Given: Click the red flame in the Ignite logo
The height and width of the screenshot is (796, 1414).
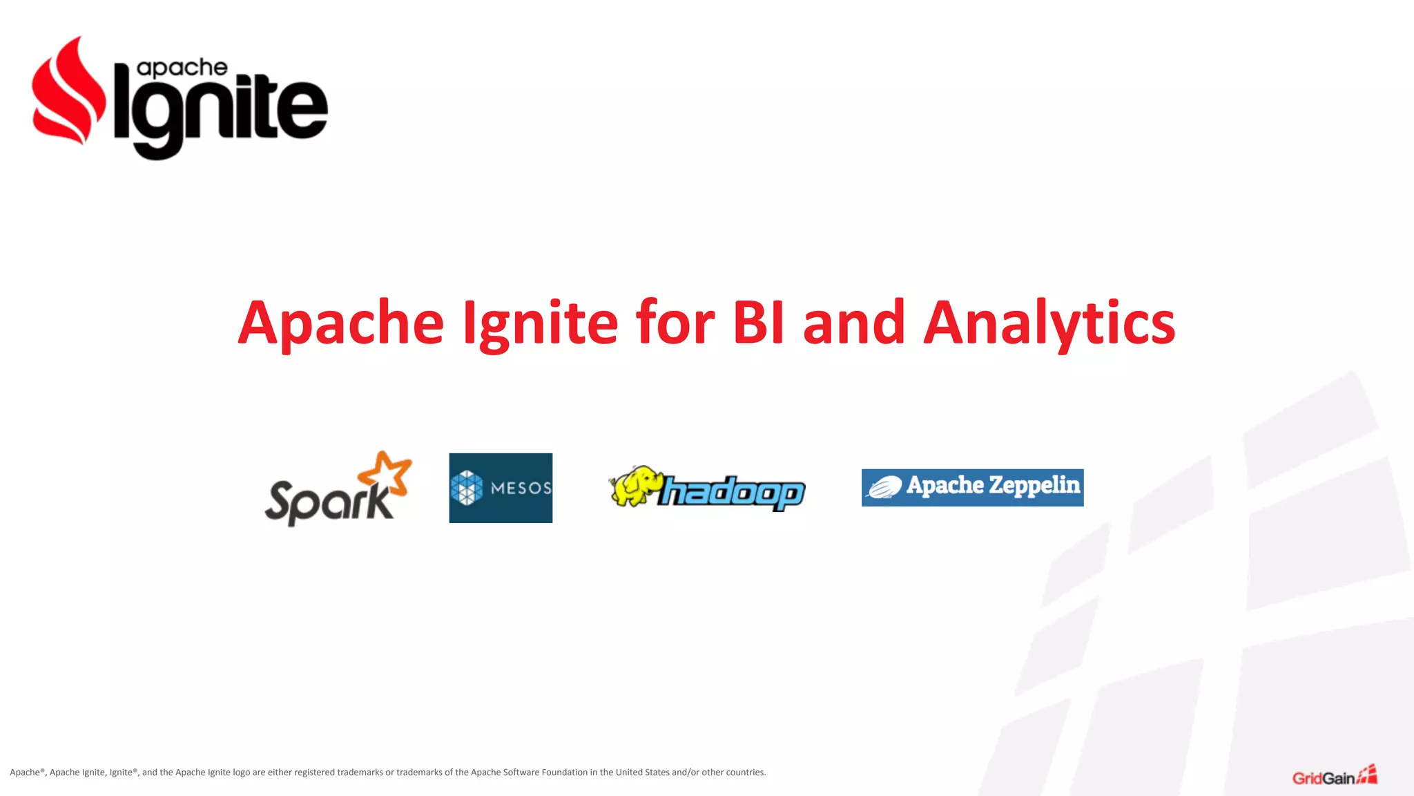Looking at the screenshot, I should pyautogui.click(x=66, y=93).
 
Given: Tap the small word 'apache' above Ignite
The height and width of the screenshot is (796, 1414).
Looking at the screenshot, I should pyautogui.click(x=182, y=68).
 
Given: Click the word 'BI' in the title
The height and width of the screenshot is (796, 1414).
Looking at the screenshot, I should pyautogui.click(x=758, y=323).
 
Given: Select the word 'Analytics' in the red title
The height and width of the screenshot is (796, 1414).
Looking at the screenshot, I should pyautogui.click(x=1049, y=323).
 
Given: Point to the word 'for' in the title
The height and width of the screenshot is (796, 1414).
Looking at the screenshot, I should pyautogui.click(x=675, y=323).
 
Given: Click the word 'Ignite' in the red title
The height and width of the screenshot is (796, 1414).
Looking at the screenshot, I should pyautogui.click(x=540, y=323).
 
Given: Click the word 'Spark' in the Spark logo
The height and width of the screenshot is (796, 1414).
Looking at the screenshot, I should pyautogui.click(x=328, y=501).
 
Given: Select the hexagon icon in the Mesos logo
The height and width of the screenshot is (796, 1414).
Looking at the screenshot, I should pyautogui.click(x=467, y=488).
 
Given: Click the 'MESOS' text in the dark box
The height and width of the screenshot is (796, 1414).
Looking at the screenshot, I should pyautogui.click(x=521, y=489).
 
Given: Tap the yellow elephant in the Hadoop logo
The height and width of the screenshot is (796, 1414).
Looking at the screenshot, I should pyautogui.click(x=634, y=485).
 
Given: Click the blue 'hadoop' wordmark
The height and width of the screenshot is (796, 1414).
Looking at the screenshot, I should pyautogui.click(x=732, y=493).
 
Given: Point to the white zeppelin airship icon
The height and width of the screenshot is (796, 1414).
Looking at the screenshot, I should pyautogui.click(x=884, y=488).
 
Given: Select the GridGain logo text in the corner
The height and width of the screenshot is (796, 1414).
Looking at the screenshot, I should pyautogui.click(x=1323, y=779).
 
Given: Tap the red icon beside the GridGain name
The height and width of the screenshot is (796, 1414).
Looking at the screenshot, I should pyautogui.click(x=1368, y=775).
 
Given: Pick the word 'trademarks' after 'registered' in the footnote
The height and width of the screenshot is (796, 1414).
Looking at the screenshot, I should pyautogui.click(x=360, y=773).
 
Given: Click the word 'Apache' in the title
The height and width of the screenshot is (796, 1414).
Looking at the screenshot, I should pyautogui.click(x=341, y=323).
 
